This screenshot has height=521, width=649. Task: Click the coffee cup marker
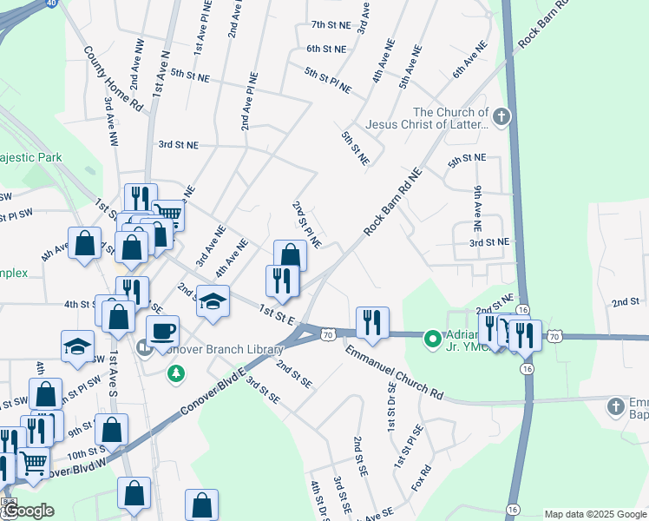162,330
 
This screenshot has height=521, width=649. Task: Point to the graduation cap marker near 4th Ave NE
213,301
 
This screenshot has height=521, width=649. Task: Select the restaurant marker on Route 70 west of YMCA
372,322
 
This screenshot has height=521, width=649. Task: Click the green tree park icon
176,373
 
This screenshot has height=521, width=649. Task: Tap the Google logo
28,511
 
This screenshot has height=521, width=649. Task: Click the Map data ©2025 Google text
594,514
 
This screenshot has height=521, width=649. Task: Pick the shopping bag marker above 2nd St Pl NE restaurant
290,255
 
